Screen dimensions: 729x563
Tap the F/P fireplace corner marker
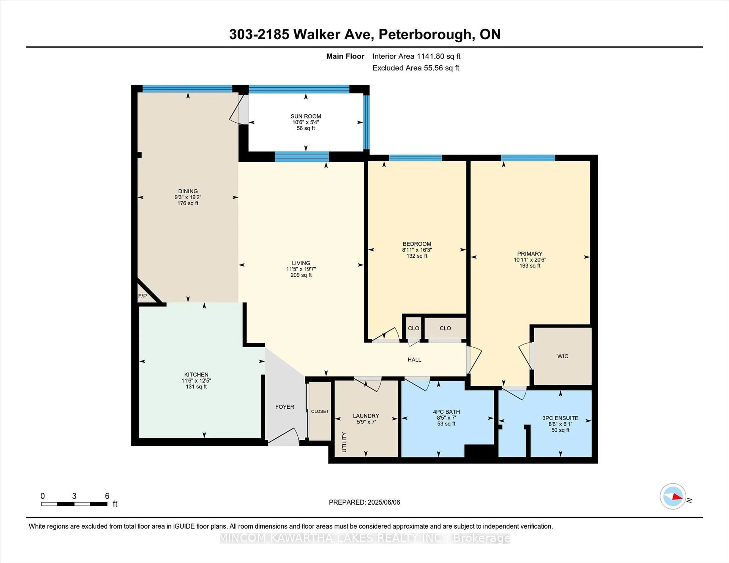point(143,296)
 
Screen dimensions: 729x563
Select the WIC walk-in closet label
point(563,356)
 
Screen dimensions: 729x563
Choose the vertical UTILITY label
point(345,442)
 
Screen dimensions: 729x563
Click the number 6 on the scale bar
point(107,496)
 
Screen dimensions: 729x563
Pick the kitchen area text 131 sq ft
point(196,387)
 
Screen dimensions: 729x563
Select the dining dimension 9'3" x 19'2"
point(188,197)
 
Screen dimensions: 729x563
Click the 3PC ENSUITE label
point(560,418)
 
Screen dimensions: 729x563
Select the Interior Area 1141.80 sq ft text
point(417,56)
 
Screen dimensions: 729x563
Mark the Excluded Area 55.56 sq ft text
point(416,68)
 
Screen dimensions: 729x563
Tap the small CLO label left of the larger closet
point(413,328)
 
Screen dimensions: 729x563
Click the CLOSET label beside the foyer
point(320,411)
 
